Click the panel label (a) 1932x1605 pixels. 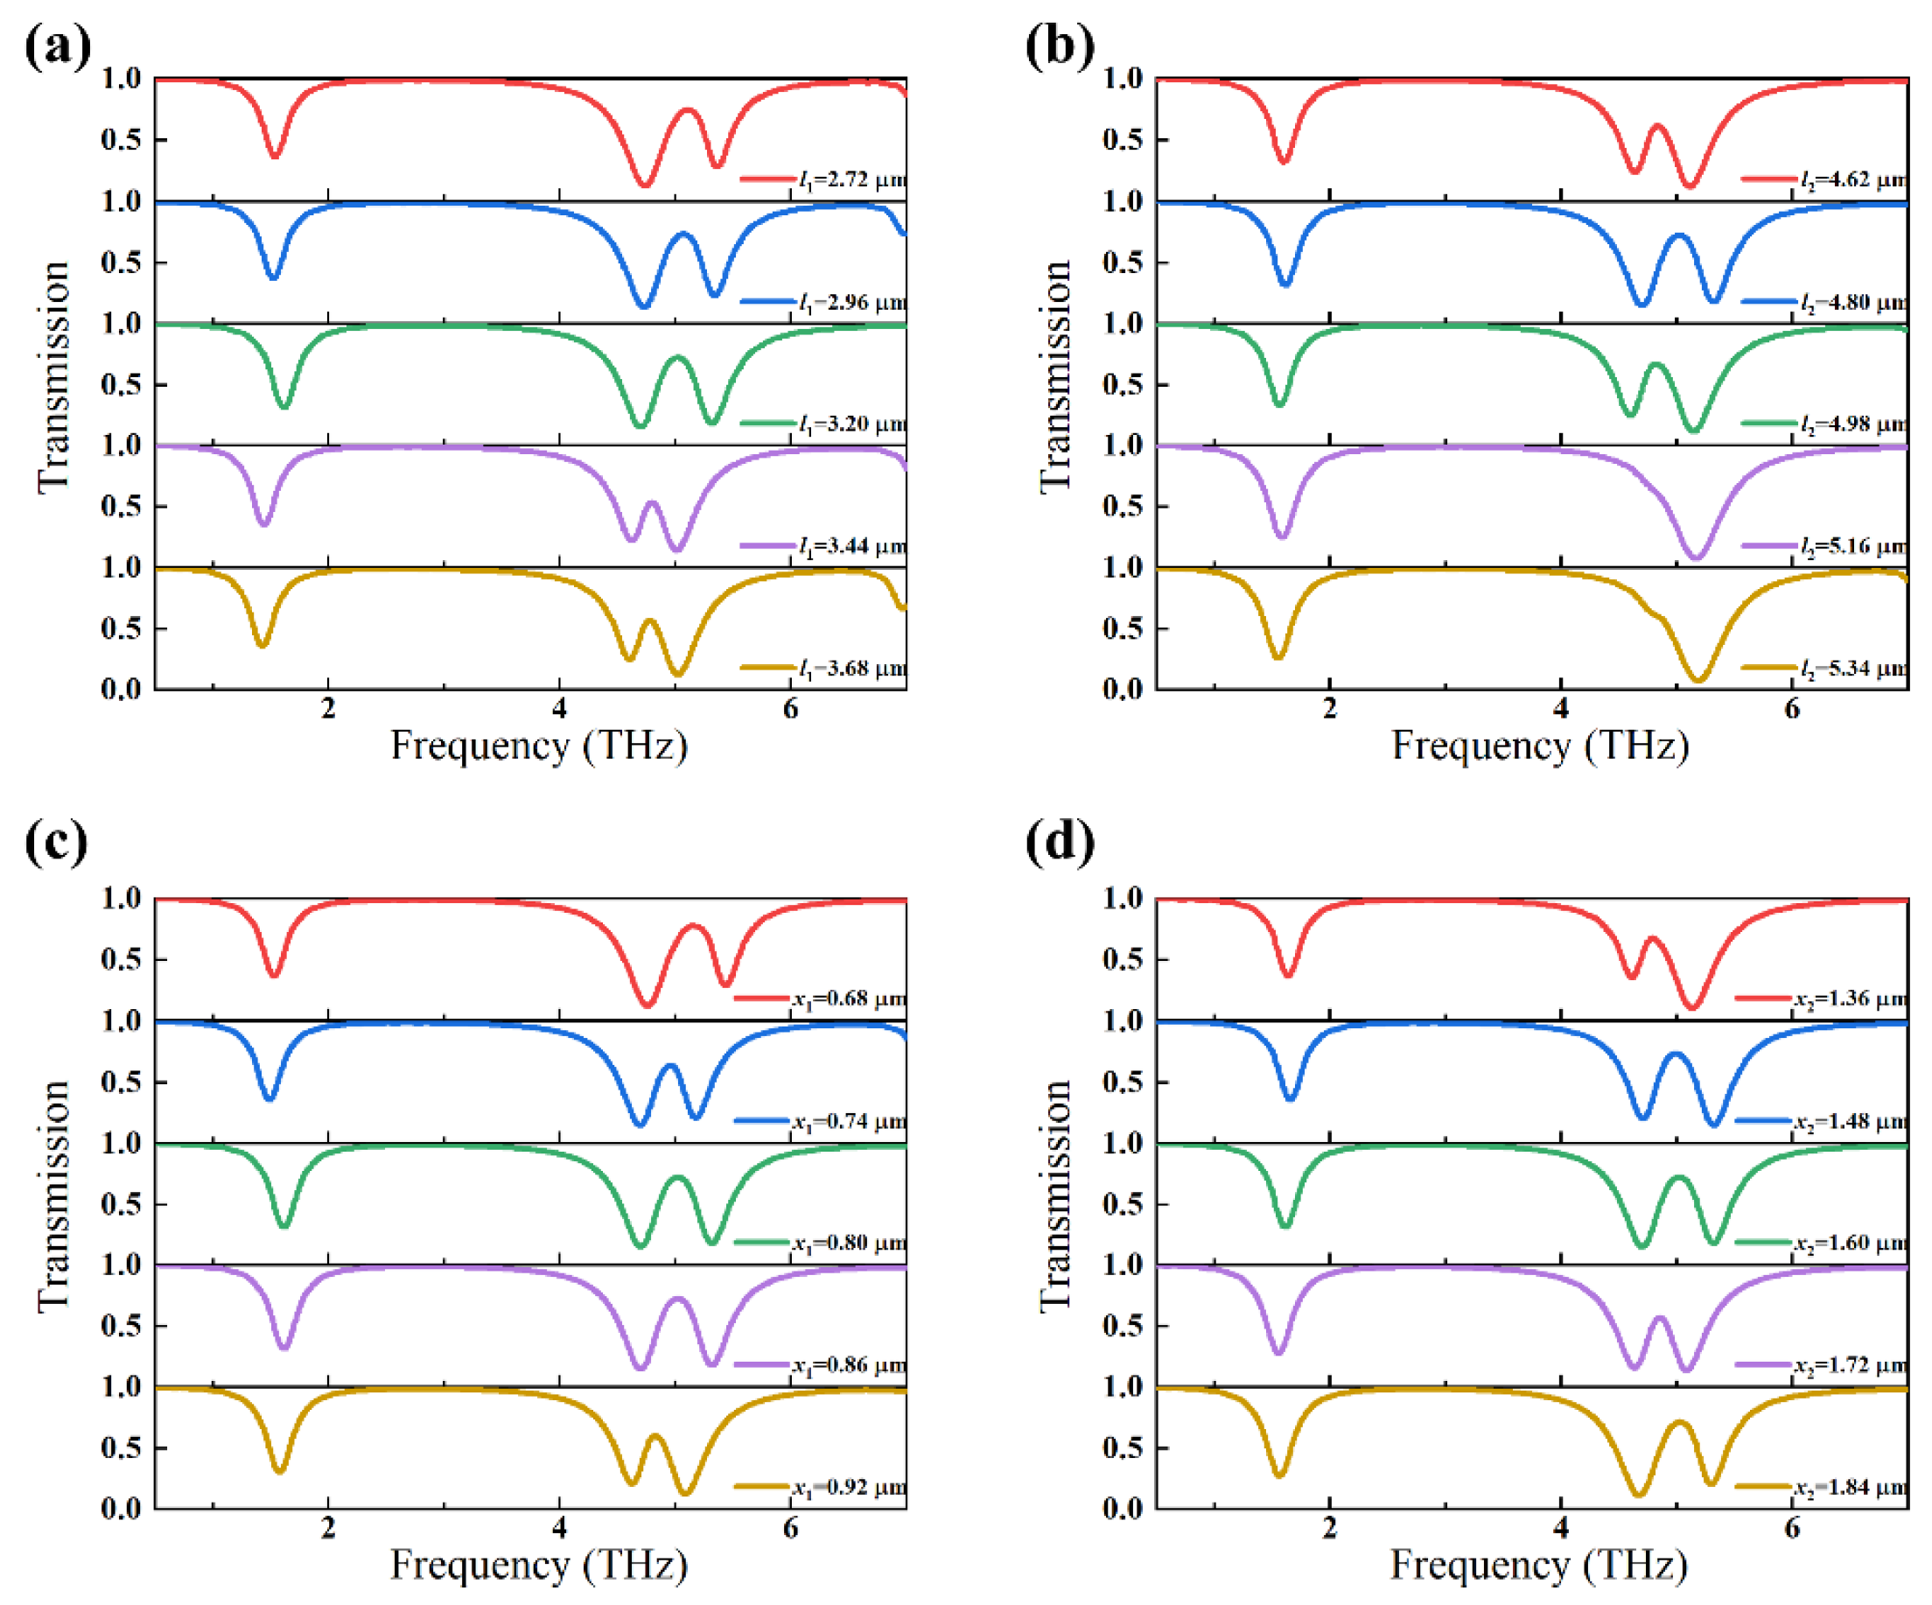click(57, 46)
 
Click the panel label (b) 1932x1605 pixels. click(1059, 46)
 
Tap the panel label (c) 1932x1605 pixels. click(57, 841)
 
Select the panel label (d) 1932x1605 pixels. click(1059, 841)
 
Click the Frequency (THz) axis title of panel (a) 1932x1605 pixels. click(539, 746)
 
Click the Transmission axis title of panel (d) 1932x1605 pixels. click(1055, 1196)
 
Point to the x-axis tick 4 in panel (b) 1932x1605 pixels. click(1560, 709)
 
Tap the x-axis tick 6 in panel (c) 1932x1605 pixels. click(790, 1529)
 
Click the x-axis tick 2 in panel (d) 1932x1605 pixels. click(1329, 1529)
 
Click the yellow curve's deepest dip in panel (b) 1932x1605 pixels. click(1698, 679)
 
